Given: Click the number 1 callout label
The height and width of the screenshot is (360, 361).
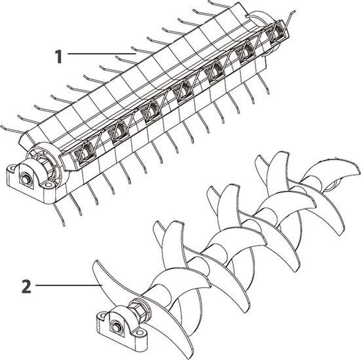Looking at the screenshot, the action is [x=58, y=57].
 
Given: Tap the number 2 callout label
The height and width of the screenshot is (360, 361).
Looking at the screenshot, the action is [x=26, y=287].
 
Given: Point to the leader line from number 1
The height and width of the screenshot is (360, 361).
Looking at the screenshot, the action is [x=102, y=54].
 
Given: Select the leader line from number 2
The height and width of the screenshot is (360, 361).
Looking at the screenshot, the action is [x=69, y=285].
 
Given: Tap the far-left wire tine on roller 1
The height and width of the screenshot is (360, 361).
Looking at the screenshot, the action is [x=12, y=130].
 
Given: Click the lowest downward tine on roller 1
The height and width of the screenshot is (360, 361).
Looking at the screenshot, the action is [x=59, y=215].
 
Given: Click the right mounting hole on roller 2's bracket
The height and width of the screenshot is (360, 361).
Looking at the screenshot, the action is [x=139, y=333].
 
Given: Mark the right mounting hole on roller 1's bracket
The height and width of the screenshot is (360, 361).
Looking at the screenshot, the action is [x=48, y=185].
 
